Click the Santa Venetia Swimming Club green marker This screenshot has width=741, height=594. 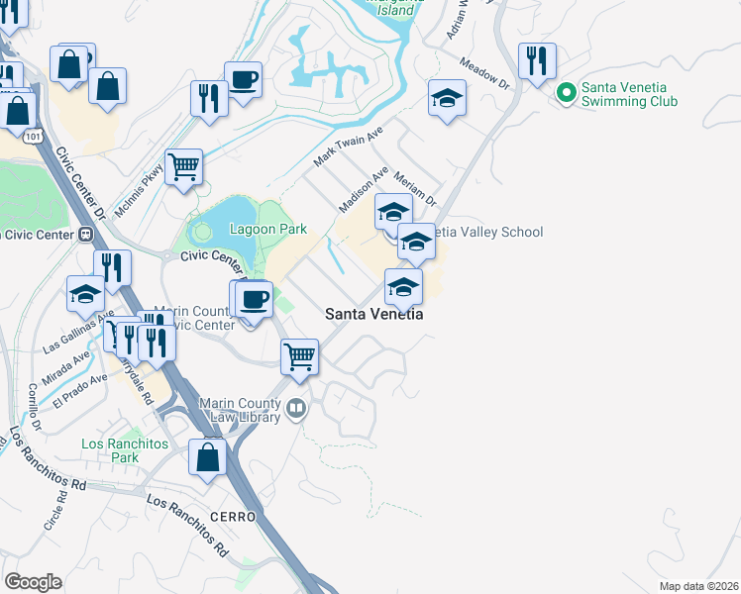point(567,94)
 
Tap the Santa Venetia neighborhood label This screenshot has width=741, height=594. point(374,314)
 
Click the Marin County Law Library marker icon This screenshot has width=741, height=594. point(295,409)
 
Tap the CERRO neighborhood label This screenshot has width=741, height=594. point(233,517)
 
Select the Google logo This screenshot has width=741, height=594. point(34,582)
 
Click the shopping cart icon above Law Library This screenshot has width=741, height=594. point(299,355)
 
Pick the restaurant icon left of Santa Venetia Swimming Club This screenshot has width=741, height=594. point(537,61)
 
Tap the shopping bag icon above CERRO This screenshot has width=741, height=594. point(207,457)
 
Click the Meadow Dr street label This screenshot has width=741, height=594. point(484,76)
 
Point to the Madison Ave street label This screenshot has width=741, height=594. point(363,189)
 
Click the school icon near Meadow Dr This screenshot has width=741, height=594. point(448,98)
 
